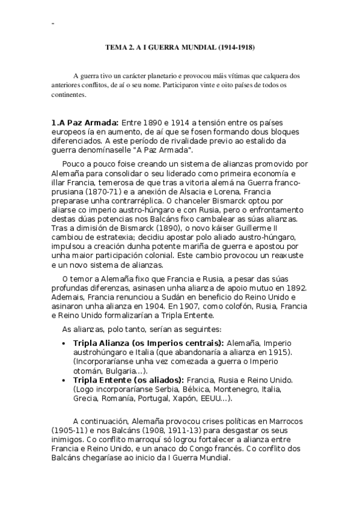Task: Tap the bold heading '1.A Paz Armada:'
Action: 85,123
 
